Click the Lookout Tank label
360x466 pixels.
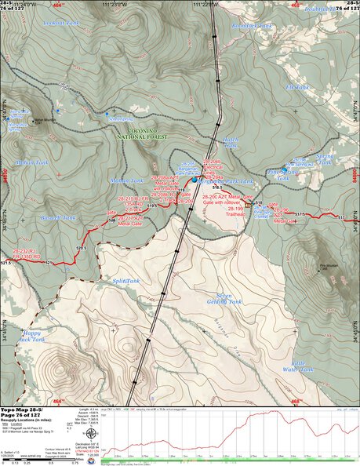pos(62,24)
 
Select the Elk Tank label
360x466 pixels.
pos(298,86)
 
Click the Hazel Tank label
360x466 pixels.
pos(230,140)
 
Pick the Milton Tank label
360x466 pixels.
pos(32,163)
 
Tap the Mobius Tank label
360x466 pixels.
pos(126,180)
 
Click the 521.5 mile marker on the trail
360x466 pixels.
pos(6,263)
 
